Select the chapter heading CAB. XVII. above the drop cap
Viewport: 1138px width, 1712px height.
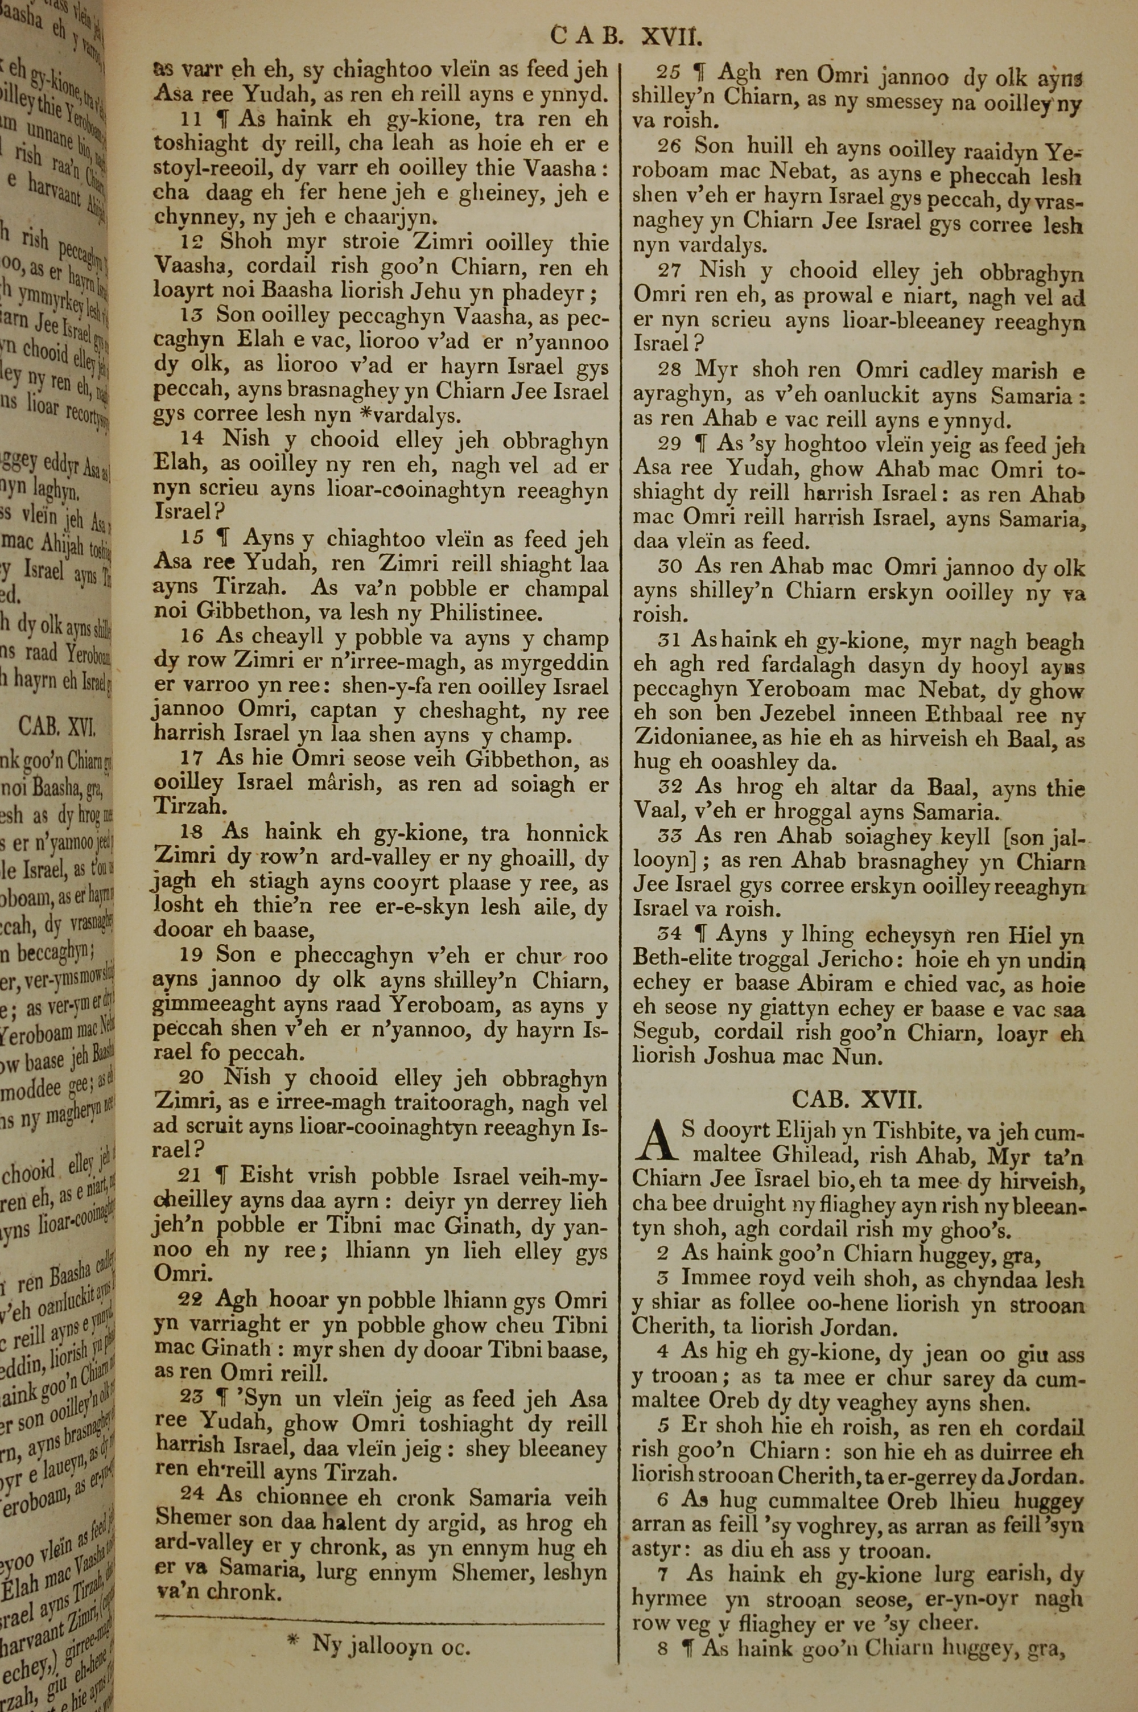click(856, 1099)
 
